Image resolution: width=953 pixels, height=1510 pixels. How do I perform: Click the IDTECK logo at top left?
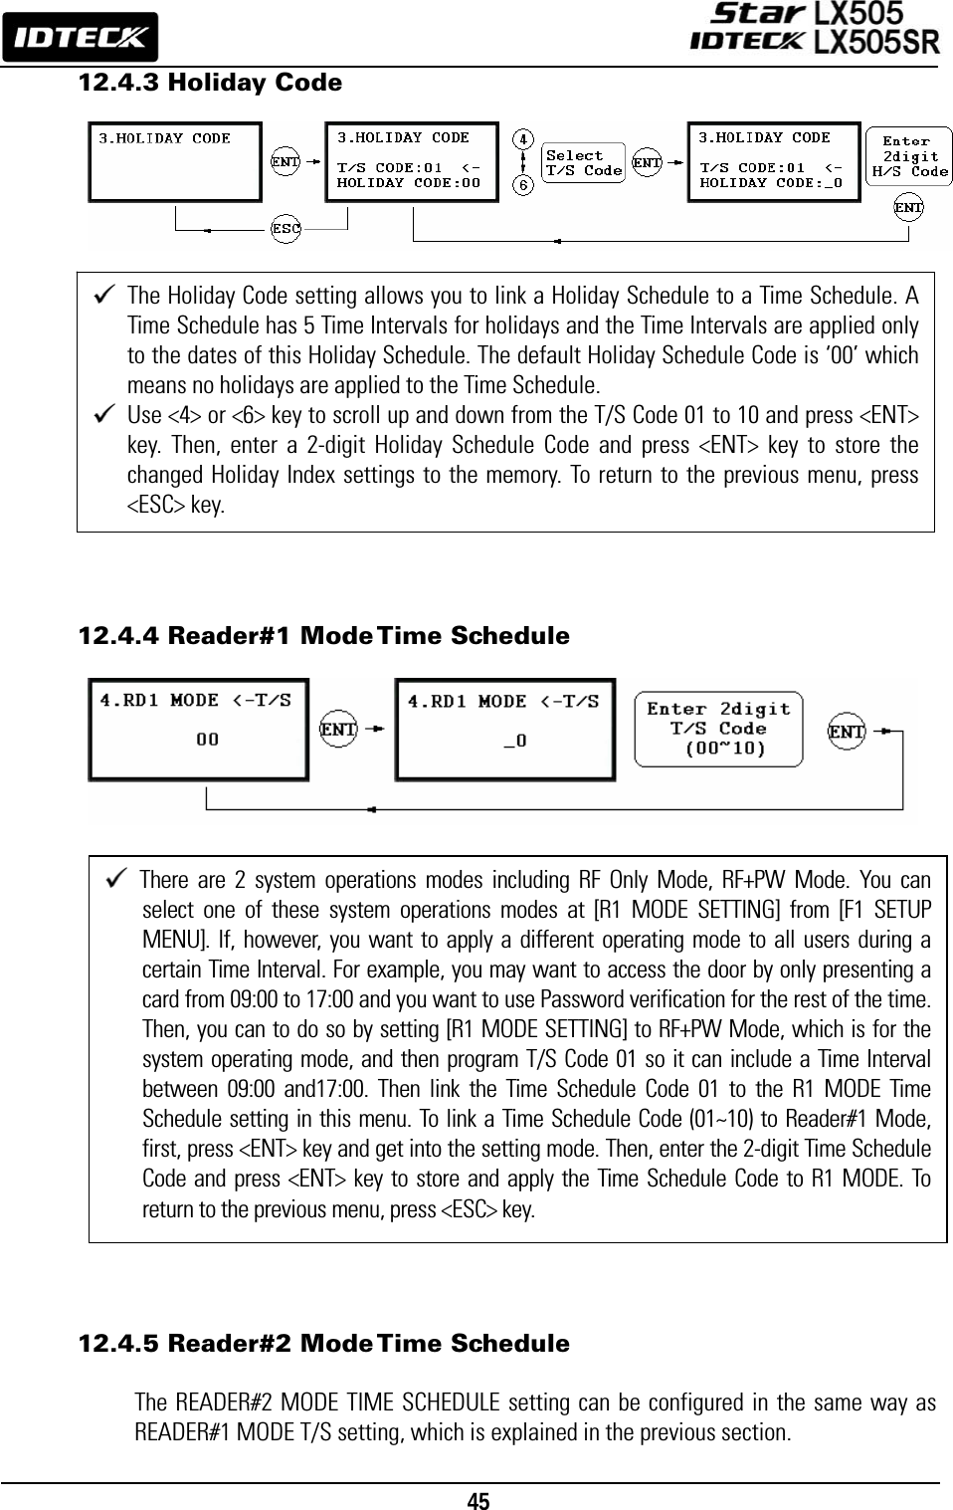pyautogui.click(x=80, y=38)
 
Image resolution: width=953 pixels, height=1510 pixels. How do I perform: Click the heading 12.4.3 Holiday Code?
pyautogui.click(x=210, y=83)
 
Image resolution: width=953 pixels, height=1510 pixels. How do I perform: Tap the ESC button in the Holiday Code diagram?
pyautogui.click(x=286, y=229)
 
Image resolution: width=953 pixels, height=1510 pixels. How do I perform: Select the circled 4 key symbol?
pyautogui.click(x=524, y=139)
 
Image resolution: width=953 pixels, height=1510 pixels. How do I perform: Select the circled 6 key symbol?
pyautogui.click(x=524, y=184)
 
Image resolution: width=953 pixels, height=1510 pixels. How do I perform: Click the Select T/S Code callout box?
pyautogui.click(x=584, y=162)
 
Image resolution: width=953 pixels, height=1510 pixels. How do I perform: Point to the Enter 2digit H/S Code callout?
pyautogui.click(x=909, y=156)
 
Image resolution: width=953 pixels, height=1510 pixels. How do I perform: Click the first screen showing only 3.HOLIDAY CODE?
pyautogui.click(x=175, y=161)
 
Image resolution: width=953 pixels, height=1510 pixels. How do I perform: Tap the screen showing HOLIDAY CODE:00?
pyautogui.click(x=412, y=161)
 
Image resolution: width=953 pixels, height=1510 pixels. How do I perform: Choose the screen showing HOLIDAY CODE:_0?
pyautogui.click(x=773, y=161)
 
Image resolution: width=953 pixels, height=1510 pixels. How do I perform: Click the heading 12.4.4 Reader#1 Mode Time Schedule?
pyautogui.click(x=324, y=636)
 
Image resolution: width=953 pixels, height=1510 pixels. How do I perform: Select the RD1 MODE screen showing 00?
pyautogui.click(x=198, y=729)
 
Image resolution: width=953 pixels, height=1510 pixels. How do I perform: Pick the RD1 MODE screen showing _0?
pyautogui.click(x=505, y=730)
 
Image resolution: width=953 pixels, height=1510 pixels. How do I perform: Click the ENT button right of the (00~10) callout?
pyautogui.click(x=847, y=732)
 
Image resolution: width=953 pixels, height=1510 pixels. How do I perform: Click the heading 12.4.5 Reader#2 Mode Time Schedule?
pyautogui.click(x=324, y=1344)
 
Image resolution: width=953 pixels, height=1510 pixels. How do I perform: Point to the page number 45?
pyautogui.click(x=477, y=1500)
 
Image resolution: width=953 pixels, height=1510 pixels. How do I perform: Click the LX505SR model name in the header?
pyautogui.click(x=875, y=42)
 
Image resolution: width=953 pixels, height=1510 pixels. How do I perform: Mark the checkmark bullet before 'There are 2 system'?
pyautogui.click(x=116, y=879)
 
